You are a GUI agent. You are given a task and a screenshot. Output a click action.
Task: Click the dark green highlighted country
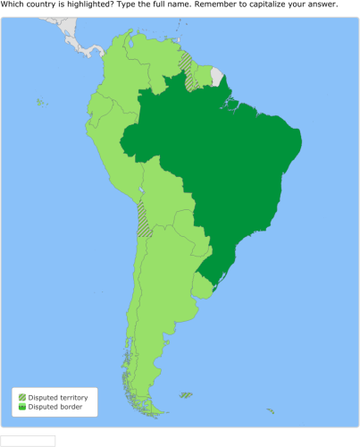tap(232, 170)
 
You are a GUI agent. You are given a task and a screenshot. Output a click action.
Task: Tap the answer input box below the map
tap(28, 441)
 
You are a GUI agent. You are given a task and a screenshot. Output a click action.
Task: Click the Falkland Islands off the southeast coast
tap(185, 394)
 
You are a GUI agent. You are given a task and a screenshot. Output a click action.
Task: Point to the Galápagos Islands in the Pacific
tap(40, 103)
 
